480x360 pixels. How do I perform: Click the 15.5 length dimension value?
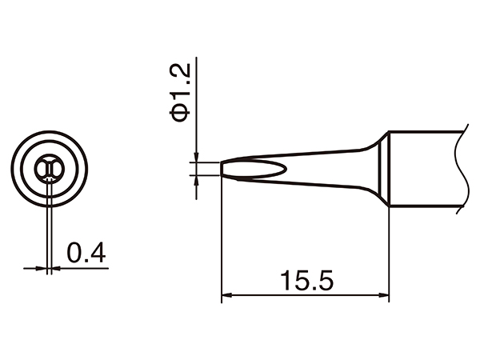[x=305, y=281]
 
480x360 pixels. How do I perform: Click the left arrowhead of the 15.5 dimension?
[x=226, y=296]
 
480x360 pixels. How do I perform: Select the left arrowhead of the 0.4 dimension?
[x=42, y=268]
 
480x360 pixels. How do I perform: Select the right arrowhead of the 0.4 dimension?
[x=58, y=268]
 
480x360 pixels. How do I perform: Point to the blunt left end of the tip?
[x=222, y=170]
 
